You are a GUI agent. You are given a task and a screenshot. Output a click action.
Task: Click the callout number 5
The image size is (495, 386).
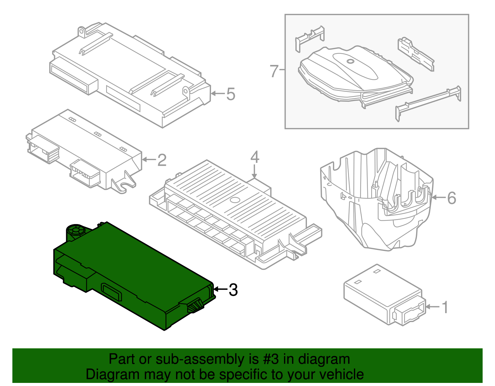pyautogui.click(x=231, y=94)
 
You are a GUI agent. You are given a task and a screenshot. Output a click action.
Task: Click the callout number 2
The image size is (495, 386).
pyautogui.click(x=162, y=160)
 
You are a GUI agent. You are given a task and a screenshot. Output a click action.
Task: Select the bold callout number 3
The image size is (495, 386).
pyautogui.click(x=233, y=290)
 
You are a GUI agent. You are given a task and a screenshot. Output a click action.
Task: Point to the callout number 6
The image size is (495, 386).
pyautogui.click(x=452, y=198)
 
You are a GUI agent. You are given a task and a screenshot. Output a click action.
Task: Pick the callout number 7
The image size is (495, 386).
pyautogui.click(x=274, y=71)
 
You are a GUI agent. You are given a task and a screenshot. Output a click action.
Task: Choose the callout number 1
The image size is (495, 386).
pyautogui.click(x=445, y=307)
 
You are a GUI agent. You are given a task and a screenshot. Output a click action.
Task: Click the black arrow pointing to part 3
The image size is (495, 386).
pyautogui.click(x=220, y=289)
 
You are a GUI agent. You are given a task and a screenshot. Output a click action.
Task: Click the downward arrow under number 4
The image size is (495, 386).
pyautogui.click(x=254, y=172)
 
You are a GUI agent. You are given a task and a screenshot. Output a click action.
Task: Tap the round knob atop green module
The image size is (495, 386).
pyautogui.click(x=76, y=230)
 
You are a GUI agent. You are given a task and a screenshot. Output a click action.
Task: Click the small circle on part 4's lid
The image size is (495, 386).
pyautogui.click(x=235, y=200)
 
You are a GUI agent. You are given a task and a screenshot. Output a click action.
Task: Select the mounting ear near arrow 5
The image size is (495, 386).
pyautogui.click(x=186, y=92)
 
